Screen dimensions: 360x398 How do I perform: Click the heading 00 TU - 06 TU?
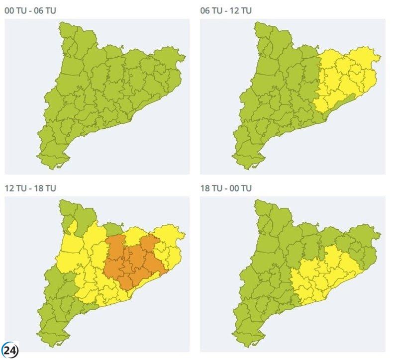pos(30,10)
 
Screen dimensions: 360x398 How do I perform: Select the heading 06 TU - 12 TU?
pos(226,10)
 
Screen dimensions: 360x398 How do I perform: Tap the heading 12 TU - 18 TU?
pos(30,188)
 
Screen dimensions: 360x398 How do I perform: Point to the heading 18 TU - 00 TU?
pos(226,188)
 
